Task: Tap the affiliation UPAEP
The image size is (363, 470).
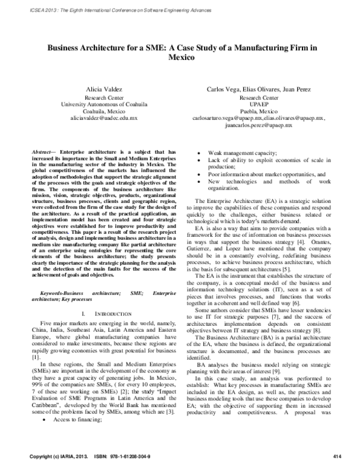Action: click(x=259, y=104)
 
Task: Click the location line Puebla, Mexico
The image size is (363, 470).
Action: click(x=259, y=111)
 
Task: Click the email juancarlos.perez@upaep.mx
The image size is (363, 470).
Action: click(x=259, y=125)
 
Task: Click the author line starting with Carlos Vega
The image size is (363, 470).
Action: click(x=259, y=88)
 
